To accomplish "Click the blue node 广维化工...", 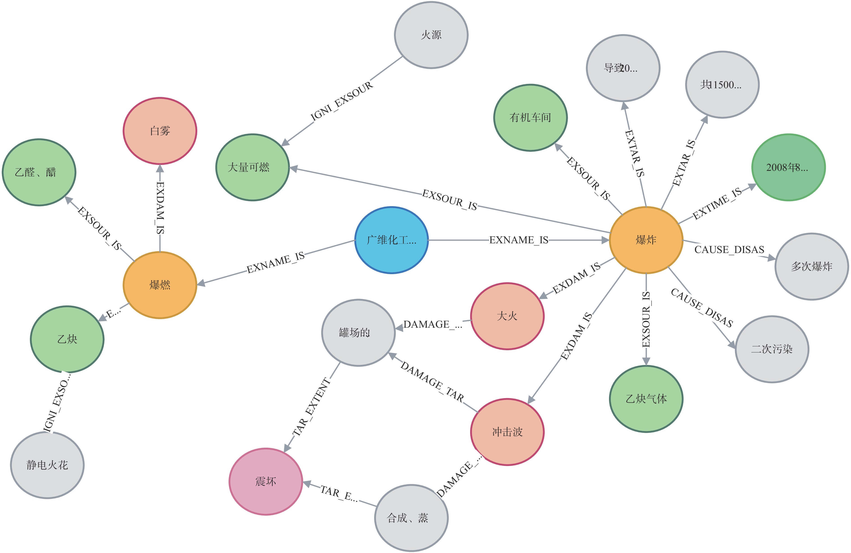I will point(392,240).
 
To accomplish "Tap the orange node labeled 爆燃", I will point(160,285).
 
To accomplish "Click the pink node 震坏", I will point(266,481).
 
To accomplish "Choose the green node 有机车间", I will point(530,118).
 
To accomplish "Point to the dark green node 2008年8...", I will point(788,167).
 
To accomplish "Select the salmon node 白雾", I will point(160,131).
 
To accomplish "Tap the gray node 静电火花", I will point(47,465).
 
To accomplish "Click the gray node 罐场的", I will point(358,332).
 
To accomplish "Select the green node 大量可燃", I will point(252,167).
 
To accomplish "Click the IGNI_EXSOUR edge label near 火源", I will point(342,101).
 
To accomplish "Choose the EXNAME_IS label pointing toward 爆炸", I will point(518,240).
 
